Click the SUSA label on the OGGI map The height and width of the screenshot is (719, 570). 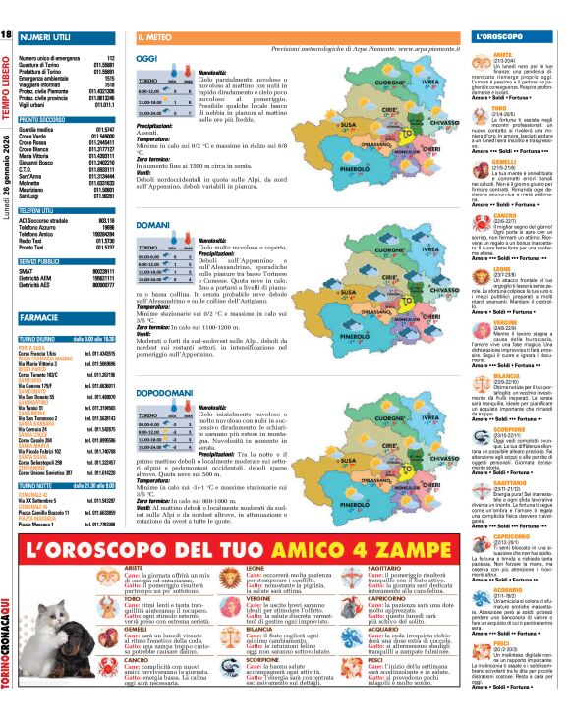(349, 125)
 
